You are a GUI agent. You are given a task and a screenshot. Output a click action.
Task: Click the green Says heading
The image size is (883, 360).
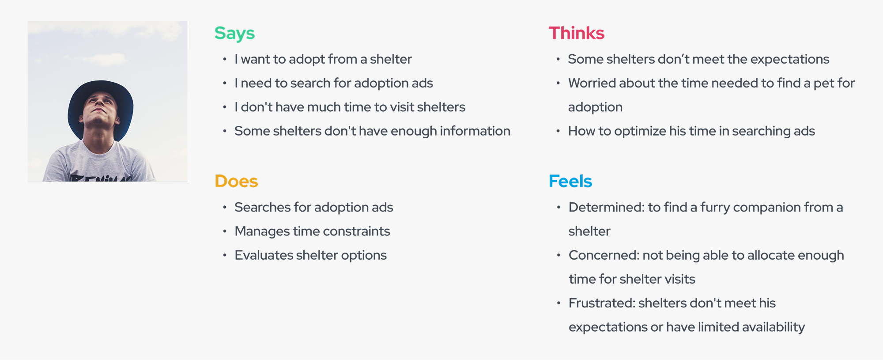tap(234, 34)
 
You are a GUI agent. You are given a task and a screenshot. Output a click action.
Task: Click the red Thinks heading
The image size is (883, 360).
tap(577, 33)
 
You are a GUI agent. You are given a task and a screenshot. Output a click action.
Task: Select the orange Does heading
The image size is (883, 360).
tap(236, 181)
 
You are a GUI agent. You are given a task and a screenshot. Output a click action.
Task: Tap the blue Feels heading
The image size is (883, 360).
tap(570, 181)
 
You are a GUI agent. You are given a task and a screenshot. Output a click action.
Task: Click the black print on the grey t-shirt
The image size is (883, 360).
tap(101, 178)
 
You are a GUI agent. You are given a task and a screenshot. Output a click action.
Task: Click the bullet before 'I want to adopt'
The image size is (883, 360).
tap(225, 59)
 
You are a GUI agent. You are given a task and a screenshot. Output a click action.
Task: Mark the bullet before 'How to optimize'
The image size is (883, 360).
tap(558, 131)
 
